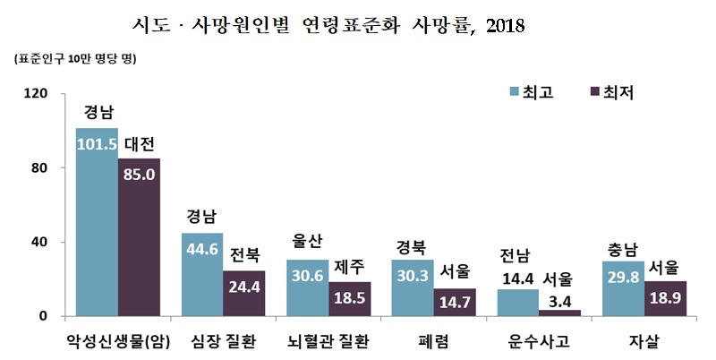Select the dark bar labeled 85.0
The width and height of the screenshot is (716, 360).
(139, 237)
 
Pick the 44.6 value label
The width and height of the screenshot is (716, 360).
(202, 248)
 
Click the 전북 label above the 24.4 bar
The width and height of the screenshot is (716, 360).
(244, 255)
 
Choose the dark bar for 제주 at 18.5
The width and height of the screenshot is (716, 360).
(349, 299)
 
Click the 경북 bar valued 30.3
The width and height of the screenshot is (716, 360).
(413, 287)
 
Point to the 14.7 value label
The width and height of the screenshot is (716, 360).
(454, 304)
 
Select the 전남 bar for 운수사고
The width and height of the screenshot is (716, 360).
(517, 303)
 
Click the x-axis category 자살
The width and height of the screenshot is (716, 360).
(644, 340)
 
